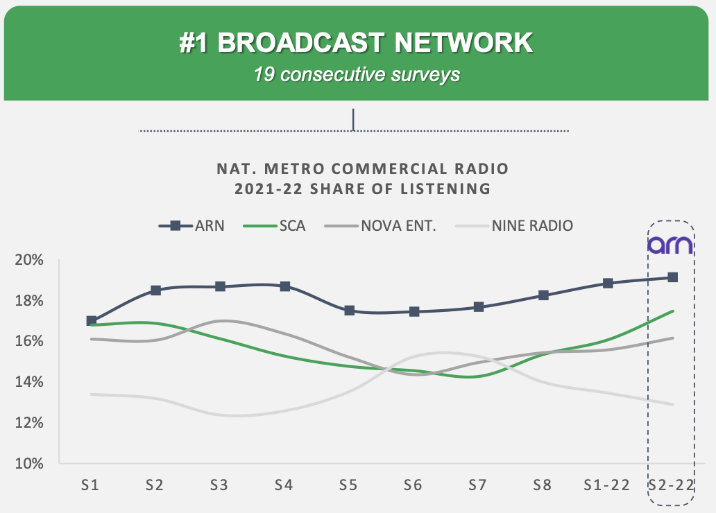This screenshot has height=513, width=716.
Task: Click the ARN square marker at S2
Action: pos(155,290)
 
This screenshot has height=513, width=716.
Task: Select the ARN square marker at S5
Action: pos(349,311)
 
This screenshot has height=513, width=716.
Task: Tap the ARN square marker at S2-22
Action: pos(672,277)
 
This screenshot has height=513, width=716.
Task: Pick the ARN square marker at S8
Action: pos(543,295)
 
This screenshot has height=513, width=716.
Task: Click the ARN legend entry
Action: pos(191,225)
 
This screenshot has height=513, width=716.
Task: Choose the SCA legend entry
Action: pos(275,225)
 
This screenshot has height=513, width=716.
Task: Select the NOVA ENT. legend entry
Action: pos(380,225)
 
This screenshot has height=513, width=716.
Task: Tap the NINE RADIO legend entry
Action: pos(514,225)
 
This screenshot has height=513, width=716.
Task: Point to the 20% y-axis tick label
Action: pos(29,260)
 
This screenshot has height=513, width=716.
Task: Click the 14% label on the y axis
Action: pos(29,381)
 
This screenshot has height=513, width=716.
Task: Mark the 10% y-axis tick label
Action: pos(29,463)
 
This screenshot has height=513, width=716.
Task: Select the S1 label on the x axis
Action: pos(90,485)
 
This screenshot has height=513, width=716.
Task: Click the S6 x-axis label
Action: pos(413,485)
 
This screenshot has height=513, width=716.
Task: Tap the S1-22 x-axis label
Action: pos(607,485)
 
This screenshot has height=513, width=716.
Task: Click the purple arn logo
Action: pos(670,245)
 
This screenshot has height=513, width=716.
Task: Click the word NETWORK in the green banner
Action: pos(463,43)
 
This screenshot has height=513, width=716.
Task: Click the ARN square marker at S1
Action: pos(92,321)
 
